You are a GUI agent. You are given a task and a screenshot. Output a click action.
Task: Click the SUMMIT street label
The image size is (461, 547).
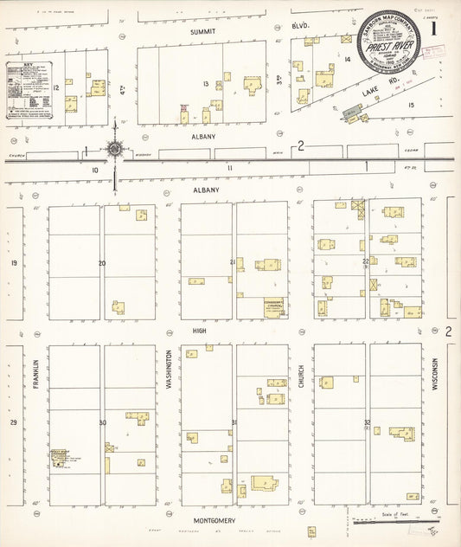pos(202,31)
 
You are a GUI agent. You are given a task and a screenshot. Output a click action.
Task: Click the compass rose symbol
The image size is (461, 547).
pos(114,149)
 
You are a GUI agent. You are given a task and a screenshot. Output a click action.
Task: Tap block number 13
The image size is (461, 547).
pos(206,84)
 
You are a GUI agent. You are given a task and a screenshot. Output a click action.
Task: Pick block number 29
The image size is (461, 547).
pos(13,422)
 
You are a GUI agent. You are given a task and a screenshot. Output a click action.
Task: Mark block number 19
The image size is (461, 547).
pos(13,263)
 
